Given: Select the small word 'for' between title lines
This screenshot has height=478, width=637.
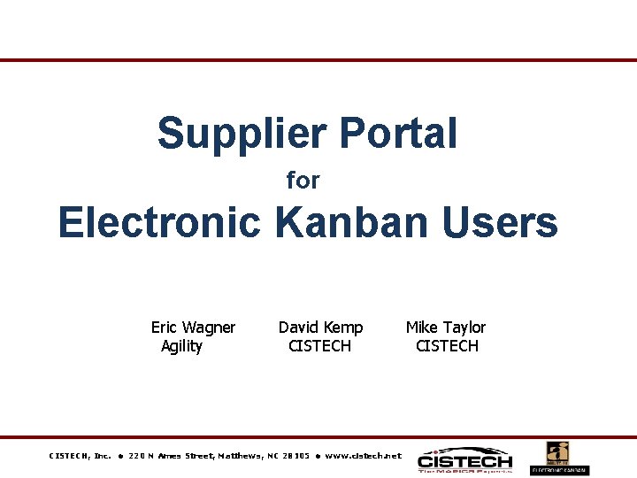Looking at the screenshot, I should [x=303, y=181].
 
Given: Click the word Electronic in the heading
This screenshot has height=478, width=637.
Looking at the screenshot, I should [x=159, y=222].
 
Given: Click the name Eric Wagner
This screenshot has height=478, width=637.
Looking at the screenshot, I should [x=193, y=328].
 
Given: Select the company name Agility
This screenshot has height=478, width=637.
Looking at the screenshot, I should [x=181, y=346].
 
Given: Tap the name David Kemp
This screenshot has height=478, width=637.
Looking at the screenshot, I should [x=320, y=328].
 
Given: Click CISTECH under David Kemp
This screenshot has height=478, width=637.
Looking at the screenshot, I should [x=319, y=346].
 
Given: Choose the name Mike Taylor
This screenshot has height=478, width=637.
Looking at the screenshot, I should [x=446, y=328].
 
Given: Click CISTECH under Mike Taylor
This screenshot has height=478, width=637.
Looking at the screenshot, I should [x=447, y=346].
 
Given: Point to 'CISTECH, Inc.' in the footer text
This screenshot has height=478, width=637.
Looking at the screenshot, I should [x=80, y=456].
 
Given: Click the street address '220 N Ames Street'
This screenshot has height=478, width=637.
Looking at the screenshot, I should [x=172, y=456].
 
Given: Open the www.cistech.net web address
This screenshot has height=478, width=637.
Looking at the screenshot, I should [x=363, y=456].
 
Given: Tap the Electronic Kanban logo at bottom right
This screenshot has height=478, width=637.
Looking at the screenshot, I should [x=559, y=458].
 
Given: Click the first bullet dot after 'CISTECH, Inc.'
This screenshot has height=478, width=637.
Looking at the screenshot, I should [x=119, y=456].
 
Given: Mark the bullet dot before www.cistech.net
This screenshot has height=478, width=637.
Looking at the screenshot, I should [x=318, y=456].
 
